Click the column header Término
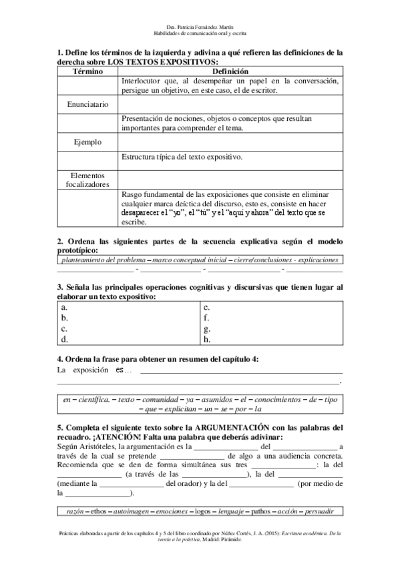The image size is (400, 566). click(x=87, y=71)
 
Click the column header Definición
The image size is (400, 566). click(x=230, y=71)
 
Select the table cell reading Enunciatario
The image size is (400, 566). click(x=87, y=105)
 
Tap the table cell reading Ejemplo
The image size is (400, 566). click(x=87, y=142)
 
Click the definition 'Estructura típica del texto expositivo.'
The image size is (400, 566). click(x=182, y=157)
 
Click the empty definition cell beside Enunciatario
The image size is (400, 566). click(x=230, y=105)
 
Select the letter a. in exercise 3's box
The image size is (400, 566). click(x=63, y=307)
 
